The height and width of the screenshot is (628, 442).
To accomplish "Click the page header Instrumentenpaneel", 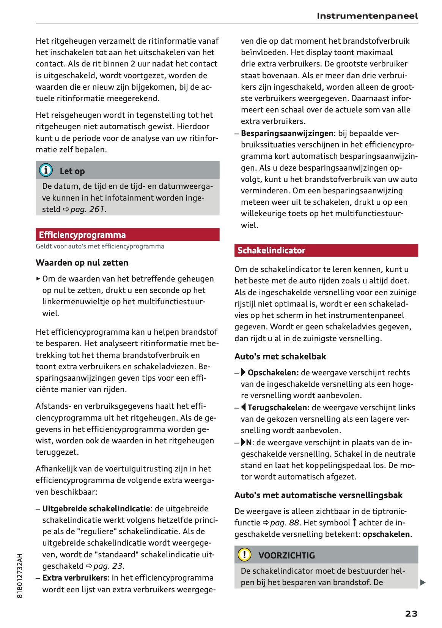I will click(367, 16).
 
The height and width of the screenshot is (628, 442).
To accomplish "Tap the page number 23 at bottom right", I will click(411, 614).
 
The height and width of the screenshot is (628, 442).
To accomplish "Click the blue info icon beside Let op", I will click(46, 170).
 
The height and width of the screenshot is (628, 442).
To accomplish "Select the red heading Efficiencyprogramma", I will click(82, 235).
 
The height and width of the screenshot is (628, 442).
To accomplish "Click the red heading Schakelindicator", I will click(271, 250).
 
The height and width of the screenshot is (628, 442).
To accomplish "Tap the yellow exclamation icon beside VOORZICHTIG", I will click(244, 555).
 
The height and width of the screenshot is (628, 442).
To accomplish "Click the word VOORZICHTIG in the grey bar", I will click(286, 555).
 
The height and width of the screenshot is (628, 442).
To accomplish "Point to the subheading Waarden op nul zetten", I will click(82, 263).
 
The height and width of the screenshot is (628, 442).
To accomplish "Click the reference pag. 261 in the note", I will click(87, 209).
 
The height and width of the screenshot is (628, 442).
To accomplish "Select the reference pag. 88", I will click(285, 523).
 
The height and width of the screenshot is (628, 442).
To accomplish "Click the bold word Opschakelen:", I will click(273, 373).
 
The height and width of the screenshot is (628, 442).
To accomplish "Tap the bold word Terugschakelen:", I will click(278, 408).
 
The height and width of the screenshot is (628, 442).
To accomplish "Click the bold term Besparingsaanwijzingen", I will click(287, 133).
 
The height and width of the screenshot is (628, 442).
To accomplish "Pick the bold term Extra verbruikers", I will click(75, 578).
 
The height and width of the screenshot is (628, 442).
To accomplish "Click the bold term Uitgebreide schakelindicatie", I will click(96, 509).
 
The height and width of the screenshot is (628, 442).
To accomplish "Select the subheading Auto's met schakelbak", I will click(280, 356).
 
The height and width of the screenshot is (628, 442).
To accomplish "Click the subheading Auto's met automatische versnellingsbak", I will click(318, 495).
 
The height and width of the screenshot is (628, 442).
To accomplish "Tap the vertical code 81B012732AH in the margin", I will click(20, 576).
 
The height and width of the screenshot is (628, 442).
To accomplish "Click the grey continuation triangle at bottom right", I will click(423, 582).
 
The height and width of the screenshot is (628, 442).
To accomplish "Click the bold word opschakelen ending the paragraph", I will click(386, 534).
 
